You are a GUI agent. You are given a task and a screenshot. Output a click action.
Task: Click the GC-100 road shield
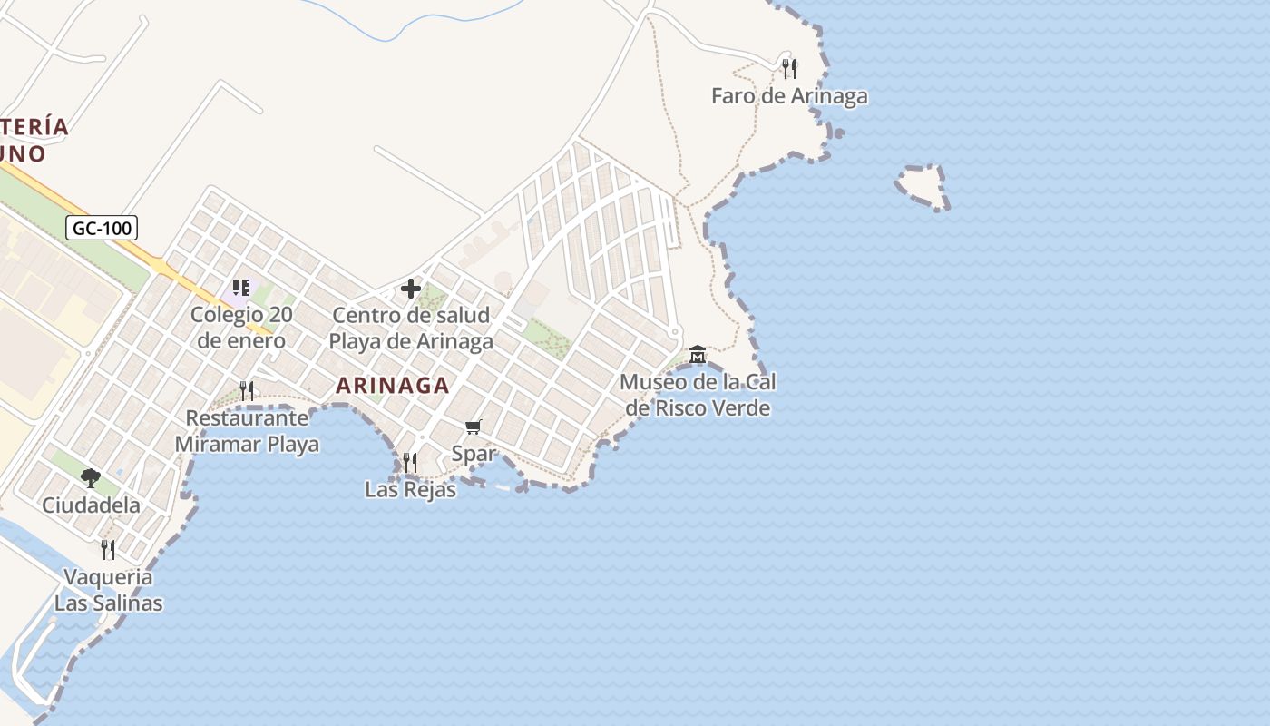coord(102,228)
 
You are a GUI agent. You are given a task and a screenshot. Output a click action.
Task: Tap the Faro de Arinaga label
coord(789,96)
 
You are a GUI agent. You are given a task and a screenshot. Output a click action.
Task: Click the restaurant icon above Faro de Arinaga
coord(789,68)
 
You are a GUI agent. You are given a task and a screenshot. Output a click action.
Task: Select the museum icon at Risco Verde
coord(698,354)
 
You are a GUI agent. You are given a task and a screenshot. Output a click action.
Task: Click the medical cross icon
coord(411,289)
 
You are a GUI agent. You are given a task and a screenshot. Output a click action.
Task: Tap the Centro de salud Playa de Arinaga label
coord(411,329)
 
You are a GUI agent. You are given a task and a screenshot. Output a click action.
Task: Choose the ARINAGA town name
coord(393,386)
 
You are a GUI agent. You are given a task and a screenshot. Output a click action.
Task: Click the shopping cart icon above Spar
coord(473,427)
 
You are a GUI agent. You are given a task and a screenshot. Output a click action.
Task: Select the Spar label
coord(474,454)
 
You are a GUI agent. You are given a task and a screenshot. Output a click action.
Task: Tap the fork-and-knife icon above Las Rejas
coord(410,462)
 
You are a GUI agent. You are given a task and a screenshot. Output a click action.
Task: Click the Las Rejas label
coord(410,490)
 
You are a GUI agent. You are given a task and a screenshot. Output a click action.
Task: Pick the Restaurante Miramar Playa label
coord(247,431)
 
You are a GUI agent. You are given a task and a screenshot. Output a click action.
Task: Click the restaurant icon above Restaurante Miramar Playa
coord(247,390)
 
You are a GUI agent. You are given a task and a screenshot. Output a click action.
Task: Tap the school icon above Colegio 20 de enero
coord(240,288)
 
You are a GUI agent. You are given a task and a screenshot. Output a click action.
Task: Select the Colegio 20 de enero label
coord(240,328)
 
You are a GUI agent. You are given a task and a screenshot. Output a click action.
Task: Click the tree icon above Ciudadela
coord(90,477)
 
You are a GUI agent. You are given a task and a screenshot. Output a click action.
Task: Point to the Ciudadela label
coord(91,505)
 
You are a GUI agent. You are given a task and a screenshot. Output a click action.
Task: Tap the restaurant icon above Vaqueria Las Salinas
coord(108,549)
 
